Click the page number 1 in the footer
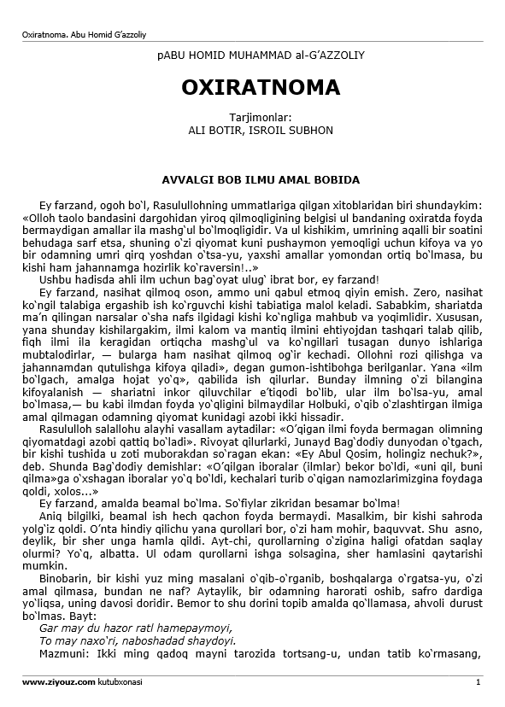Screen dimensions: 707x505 [479, 682]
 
